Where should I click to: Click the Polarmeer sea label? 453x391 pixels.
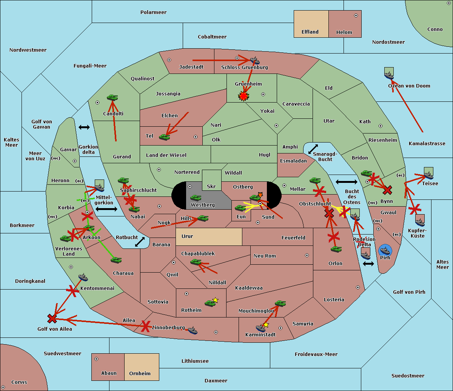pos(153,12)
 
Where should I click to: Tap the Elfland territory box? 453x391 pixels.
pos(311,24)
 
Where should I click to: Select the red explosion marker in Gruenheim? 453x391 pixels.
pos(243,97)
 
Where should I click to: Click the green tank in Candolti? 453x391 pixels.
pos(112,98)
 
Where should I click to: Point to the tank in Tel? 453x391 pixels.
pos(165,137)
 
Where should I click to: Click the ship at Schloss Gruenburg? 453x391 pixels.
pos(255,61)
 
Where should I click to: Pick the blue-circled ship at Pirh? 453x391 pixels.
pos(385,250)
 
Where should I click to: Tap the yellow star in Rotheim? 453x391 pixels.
pos(215,300)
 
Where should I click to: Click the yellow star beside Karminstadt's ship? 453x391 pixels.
pos(266,325)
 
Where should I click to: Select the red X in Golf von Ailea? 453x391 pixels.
pos(52,319)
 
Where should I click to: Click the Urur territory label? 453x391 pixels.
pos(187,236)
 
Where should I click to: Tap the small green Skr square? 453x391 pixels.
pos(211,180)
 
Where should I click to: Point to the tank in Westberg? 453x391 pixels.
pos(196,198)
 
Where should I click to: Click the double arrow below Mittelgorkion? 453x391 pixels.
pos(106,209)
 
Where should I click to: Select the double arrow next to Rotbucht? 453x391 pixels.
pos(140,242)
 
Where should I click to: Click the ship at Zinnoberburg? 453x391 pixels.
pos(193,331)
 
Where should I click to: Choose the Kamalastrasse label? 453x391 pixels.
pos(427,144)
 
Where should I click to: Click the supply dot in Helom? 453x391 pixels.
pos(356,15)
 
